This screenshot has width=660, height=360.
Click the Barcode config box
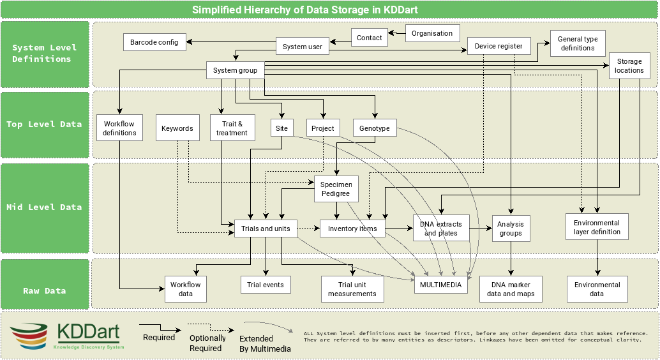point(154,43)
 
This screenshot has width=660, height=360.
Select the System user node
point(303,47)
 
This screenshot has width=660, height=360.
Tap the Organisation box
point(432,33)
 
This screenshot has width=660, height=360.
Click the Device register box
point(499,46)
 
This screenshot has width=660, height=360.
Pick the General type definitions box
point(578,43)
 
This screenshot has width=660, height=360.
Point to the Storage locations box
point(629,66)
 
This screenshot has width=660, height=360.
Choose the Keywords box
point(177,128)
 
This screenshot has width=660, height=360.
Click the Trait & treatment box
point(232,128)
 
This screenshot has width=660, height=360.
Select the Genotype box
point(374,128)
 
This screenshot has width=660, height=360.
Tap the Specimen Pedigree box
point(336,189)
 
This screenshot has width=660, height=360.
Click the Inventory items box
point(352,229)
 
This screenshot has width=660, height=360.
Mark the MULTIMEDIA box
point(440,285)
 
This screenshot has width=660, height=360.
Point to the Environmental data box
point(597,289)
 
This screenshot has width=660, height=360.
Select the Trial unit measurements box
point(352,289)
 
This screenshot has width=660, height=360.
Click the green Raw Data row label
point(45,290)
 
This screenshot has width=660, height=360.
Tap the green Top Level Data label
point(45,124)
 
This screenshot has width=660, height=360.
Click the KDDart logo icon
point(29,336)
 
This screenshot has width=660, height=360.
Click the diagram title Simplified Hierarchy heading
point(305,10)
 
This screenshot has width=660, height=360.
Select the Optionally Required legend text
point(207,343)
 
